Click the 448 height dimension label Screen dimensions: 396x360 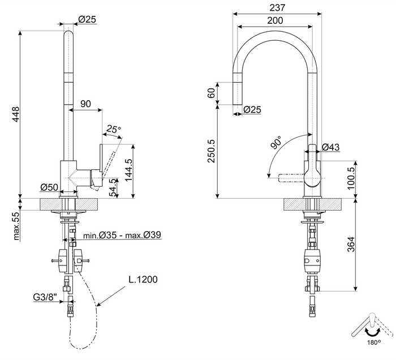click(x=16, y=114)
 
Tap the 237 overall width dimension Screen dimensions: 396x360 click(x=277, y=7)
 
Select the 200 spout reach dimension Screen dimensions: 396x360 click(x=275, y=20)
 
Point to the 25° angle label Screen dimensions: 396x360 click(x=113, y=129)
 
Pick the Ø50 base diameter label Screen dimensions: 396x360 click(x=49, y=187)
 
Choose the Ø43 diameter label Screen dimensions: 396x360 click(x=331, y=147)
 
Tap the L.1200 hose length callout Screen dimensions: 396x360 click(x=143, y=280)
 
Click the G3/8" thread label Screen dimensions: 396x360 click(x=45, y=297)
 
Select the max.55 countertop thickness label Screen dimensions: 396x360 click(x=16, y=226)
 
